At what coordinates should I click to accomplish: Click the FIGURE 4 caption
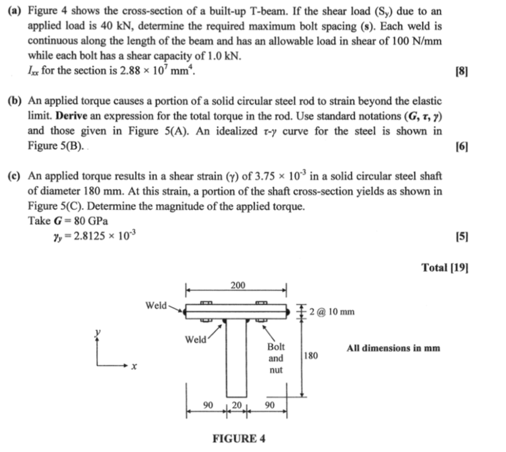coord(239,438)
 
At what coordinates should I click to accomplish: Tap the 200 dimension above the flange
coord(238,286)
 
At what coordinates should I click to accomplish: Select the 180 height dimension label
coord(311,355)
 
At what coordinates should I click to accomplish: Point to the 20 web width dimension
coord(237,405)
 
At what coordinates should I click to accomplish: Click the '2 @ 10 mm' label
coord(332,312)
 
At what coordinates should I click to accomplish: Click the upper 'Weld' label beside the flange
coord(155,305)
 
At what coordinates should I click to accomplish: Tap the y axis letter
coord(97,332)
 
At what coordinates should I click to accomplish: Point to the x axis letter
coord(134,366)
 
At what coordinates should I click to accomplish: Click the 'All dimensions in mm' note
coord(393,348)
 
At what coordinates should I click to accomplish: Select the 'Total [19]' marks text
coord(445,267)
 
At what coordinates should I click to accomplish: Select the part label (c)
coord(15,176)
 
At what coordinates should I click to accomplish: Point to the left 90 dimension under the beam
coord(209,405)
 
